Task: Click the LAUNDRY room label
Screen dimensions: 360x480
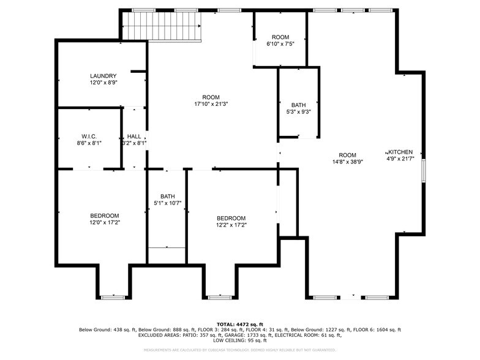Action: point(103,76)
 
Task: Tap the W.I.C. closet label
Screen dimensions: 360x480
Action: point(89,136)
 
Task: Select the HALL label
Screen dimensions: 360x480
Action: point(134,136)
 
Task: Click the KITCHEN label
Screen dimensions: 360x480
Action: point(401,152)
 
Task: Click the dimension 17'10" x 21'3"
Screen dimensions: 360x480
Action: point(211,104)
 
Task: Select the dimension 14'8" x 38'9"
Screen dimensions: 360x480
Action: point(347,162)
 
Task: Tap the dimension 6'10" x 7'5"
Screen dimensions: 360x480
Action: point(280,44)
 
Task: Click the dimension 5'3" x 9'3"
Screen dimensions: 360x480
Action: point(298,112)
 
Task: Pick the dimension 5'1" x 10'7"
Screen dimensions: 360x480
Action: point(167,203)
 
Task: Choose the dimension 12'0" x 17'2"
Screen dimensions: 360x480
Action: point(104,223)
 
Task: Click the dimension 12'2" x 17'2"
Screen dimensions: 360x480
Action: point(231,225)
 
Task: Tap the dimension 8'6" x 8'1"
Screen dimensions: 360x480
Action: point(89,143)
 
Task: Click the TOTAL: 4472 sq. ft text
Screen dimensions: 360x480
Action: point(240,324)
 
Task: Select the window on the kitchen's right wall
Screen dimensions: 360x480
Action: point(423,170)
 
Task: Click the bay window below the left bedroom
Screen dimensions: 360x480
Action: point(113,297)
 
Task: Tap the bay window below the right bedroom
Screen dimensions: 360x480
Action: point(220,297)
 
